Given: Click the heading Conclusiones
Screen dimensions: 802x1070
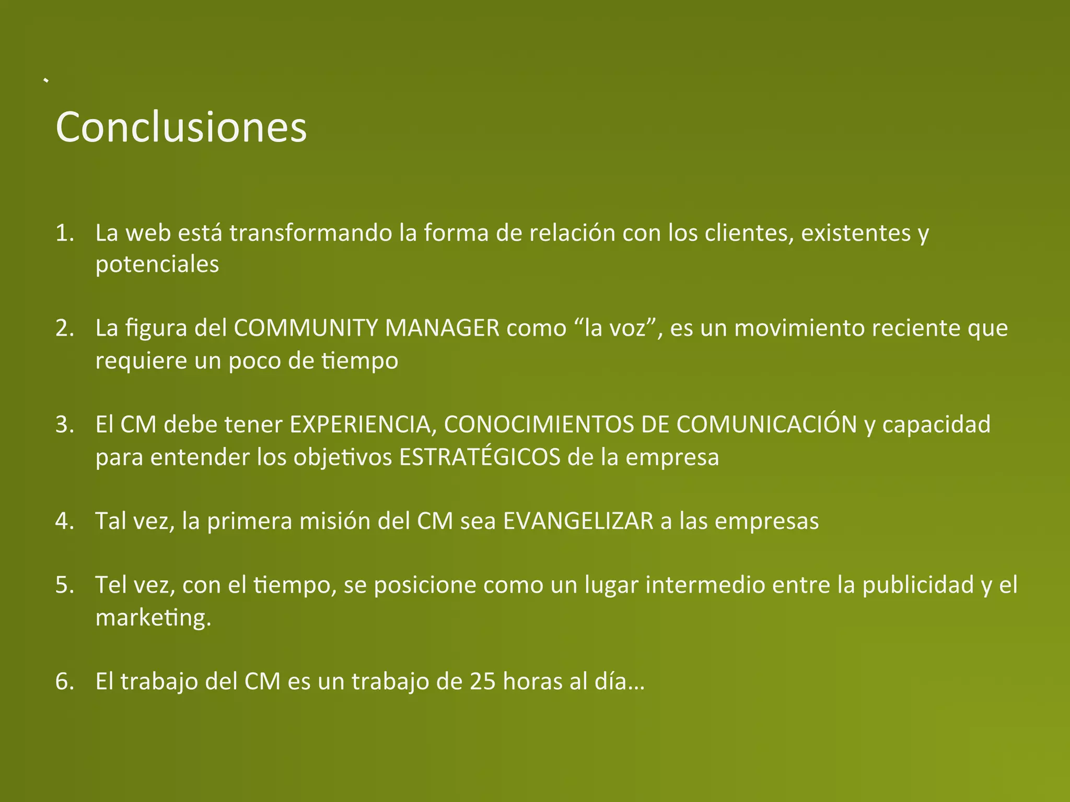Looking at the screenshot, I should tap(181, 127).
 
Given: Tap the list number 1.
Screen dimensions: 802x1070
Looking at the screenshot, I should tap(64, 233).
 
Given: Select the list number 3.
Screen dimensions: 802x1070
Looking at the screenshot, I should tap(64, 425).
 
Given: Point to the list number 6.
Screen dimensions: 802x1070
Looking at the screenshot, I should tap(64, 681).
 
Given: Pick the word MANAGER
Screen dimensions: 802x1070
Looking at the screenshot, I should tap(442, 328).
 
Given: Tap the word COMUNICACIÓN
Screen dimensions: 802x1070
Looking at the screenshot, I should tap(766, 424).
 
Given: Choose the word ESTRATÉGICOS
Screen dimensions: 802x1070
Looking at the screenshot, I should tap(480, 457).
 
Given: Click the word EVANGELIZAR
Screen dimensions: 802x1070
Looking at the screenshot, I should tap(578, 521).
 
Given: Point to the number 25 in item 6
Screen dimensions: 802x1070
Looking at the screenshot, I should tap(482, 681).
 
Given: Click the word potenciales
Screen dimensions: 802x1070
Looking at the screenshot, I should tap(157, 265).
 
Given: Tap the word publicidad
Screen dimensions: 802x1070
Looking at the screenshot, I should tap(918, 585).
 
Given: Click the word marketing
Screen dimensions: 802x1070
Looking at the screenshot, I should tap(153, 618).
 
